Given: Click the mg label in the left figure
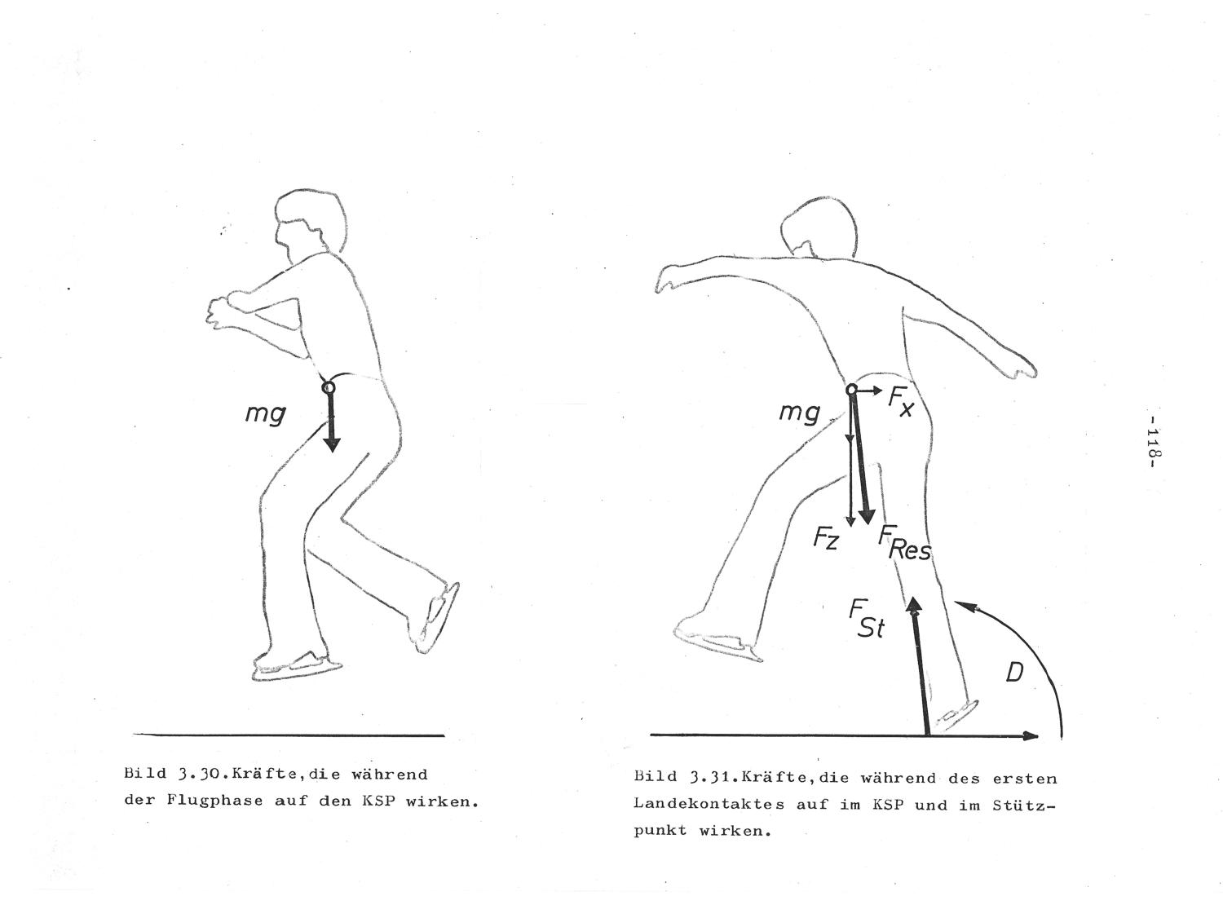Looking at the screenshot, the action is point(266,413).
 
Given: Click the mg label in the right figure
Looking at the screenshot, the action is point(800,412).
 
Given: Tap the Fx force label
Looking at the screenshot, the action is point(901,402).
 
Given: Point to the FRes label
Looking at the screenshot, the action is point(904,543).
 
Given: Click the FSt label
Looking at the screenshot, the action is point(868,619).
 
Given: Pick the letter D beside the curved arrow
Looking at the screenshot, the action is point(1014,673).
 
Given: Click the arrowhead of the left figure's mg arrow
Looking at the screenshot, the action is point(331,444).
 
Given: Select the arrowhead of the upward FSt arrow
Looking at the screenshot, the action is point(914,604).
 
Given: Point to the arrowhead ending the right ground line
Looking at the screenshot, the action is point(1031,735).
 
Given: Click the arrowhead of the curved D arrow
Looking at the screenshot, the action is point(963,605).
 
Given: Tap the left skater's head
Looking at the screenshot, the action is point(309,223).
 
